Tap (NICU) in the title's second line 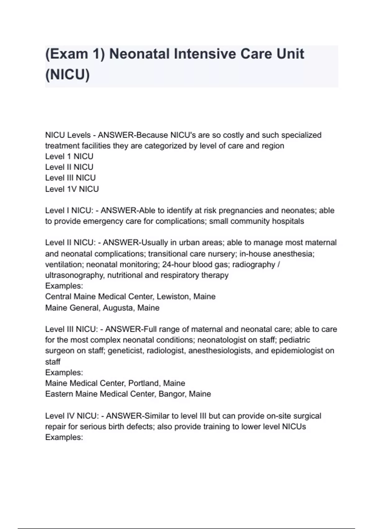coord(67,75)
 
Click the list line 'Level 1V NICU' coord(72,189)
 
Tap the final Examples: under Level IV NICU coord(64,437)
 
